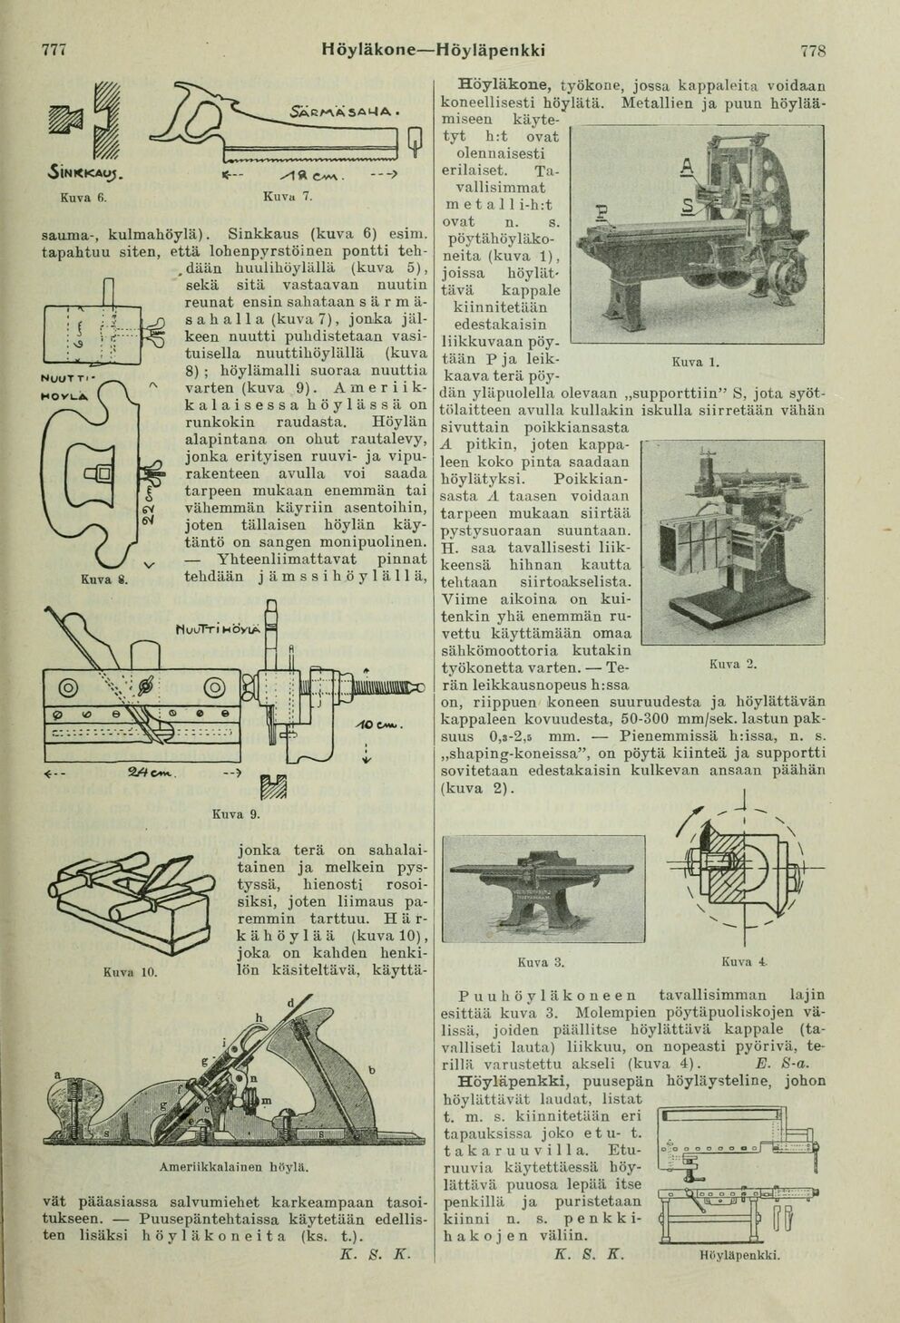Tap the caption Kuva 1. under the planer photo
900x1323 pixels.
pos(695,363)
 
